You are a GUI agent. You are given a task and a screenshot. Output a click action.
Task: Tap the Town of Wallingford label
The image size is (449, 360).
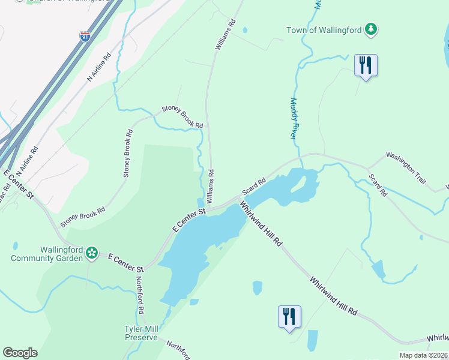[325, 29]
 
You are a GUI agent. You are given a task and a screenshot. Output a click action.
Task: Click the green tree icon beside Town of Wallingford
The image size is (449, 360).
[372, 29]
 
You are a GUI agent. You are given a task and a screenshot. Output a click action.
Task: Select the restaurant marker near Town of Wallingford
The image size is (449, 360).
[365, 65]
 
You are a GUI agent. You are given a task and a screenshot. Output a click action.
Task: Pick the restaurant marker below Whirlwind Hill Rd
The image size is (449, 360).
[289, 316]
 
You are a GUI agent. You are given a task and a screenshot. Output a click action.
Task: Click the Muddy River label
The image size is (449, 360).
[294, 119]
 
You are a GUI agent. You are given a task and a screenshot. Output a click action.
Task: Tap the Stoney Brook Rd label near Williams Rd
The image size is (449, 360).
[182, 118]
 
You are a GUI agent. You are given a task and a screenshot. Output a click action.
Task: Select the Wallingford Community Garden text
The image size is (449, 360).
[49, 254]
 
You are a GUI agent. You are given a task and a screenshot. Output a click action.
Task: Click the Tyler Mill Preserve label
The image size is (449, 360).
[141, 332]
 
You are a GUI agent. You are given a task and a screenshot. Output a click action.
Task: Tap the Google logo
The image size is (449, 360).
[20, 353]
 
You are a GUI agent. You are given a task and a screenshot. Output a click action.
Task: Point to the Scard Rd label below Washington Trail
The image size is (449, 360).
[378, 185]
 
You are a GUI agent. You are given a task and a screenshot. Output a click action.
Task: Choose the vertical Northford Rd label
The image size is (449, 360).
[139, 295]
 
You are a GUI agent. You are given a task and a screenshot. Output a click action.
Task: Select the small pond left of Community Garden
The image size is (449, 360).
[15, 246]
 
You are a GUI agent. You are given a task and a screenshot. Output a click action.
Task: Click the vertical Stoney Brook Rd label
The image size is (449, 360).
[127, 153]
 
